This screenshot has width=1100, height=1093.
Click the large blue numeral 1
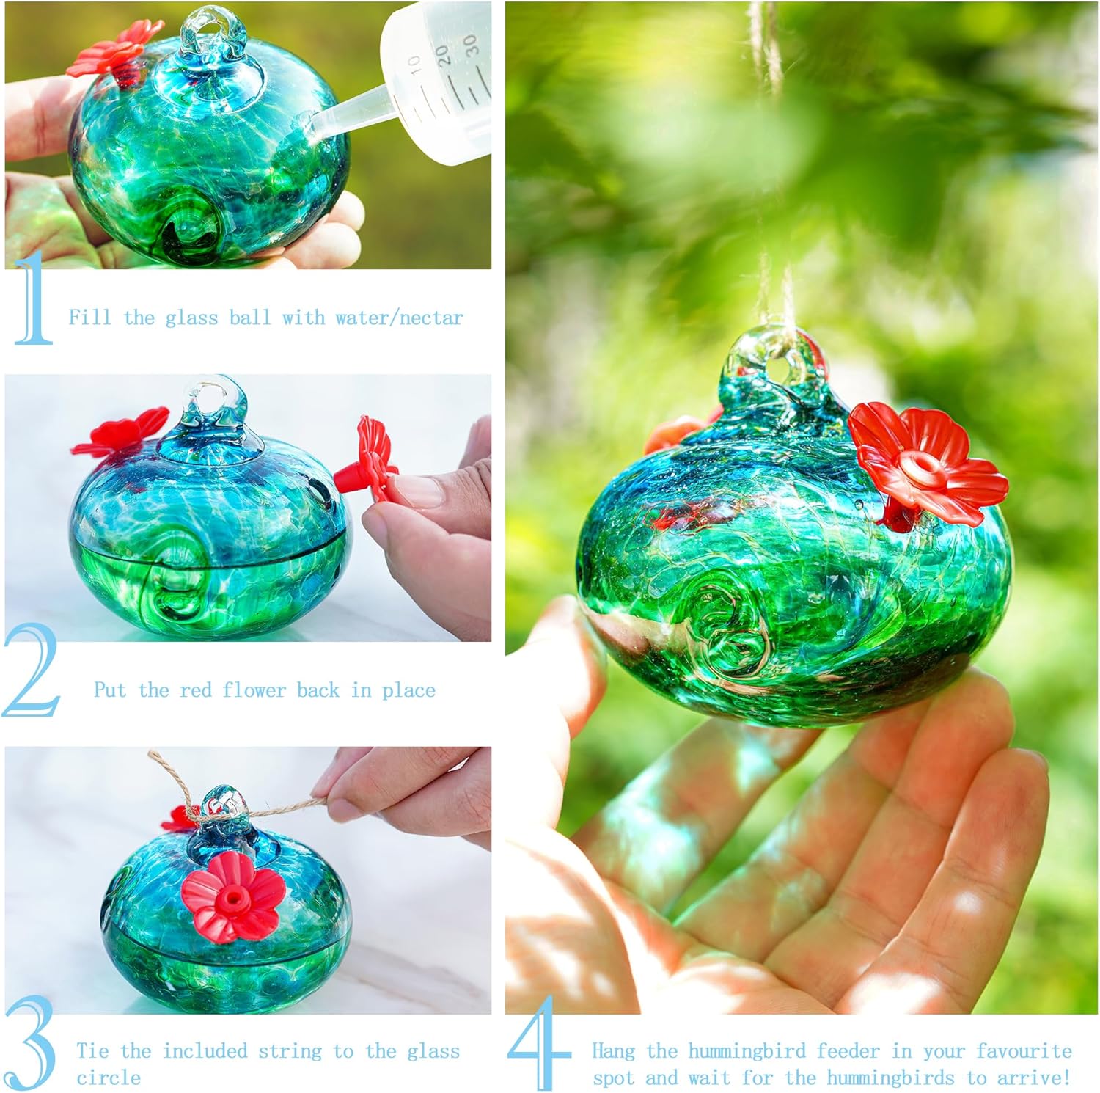(33, 301)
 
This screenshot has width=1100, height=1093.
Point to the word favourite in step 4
(1024, 1050)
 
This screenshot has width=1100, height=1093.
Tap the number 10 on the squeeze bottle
(414, 66)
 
